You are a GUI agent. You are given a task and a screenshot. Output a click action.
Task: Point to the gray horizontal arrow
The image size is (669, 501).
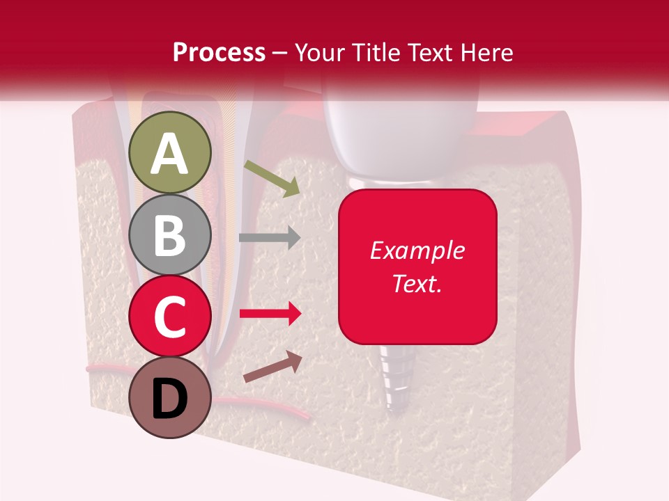tap(270, 237)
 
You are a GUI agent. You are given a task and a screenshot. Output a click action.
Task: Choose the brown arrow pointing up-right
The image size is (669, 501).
tap(272, 367)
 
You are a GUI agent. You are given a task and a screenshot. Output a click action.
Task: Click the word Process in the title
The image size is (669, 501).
tap(219, 52)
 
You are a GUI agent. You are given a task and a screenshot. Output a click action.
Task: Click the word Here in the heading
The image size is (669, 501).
tap(486, 52)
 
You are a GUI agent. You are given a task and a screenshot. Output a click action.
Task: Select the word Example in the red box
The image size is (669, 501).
tap(417, 250)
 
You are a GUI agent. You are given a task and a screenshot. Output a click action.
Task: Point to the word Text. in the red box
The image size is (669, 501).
tap(417, 283)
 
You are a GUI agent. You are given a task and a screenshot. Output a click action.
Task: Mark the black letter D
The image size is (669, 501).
tap(170, 399)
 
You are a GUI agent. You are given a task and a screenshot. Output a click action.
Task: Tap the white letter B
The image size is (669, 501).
tap(170, 235)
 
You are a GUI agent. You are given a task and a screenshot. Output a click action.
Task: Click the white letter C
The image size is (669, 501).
tap(170, 317)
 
